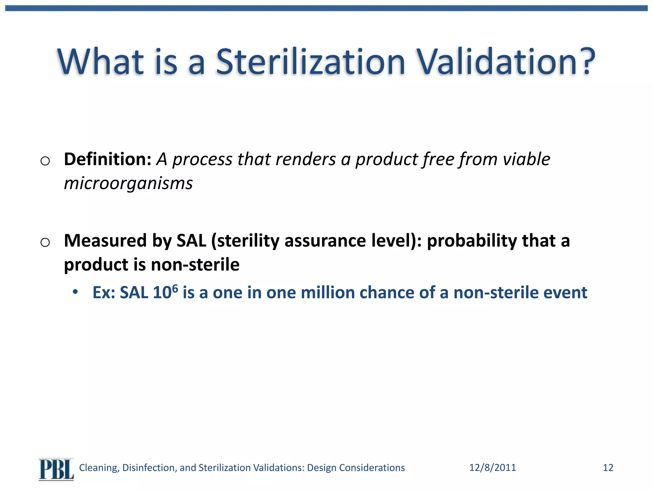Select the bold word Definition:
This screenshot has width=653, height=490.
(x=107, y=159)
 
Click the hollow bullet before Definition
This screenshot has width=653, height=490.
(x=45, y=161)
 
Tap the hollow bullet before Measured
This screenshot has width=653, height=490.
(x=45, y=242)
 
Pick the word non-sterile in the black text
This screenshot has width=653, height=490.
(x=195, y=265)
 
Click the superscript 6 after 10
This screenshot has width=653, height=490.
(x=175, y=288)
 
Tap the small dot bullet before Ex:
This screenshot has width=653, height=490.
(x=75, y=292)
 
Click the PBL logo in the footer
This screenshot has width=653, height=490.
(x=56, y=469)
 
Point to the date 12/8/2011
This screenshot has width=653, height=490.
(x=492, y=468)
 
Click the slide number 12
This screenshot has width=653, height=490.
(x=608, y=468)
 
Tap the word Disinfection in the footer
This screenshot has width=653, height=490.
(x=149, y=468)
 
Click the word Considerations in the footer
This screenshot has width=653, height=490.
(x=372, y=468)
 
